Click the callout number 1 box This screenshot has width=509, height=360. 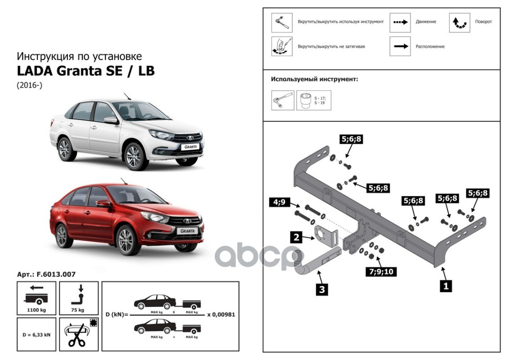point(445,285)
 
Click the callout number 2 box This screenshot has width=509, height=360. point(296,238)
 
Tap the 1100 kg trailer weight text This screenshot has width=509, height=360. point(36,310)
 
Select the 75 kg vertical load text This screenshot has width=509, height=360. point(77,310)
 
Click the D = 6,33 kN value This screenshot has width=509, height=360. point(36,334)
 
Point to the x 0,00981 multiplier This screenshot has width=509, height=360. point(221,315)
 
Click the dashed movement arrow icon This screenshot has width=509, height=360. point(400,22)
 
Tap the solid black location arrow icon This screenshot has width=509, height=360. point(400,46)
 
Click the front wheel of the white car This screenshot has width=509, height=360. point(134,157)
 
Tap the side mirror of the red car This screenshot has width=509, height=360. point(103,204)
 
